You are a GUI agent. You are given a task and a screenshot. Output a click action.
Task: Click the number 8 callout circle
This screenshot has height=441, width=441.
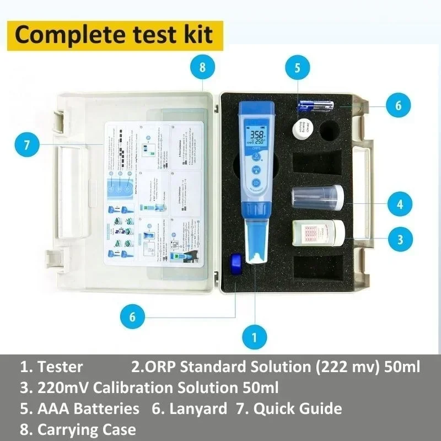202,68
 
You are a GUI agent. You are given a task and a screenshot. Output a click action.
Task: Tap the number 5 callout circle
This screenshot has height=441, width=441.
298,68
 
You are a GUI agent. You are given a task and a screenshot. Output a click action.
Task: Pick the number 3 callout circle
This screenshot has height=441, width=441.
399,239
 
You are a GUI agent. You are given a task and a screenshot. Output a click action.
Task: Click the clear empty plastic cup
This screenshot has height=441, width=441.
317,197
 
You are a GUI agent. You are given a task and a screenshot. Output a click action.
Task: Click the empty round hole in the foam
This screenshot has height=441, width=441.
330,131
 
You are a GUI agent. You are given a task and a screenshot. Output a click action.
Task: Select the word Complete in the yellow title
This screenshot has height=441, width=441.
58,34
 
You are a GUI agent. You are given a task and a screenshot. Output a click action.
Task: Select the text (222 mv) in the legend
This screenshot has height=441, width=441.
341,366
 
